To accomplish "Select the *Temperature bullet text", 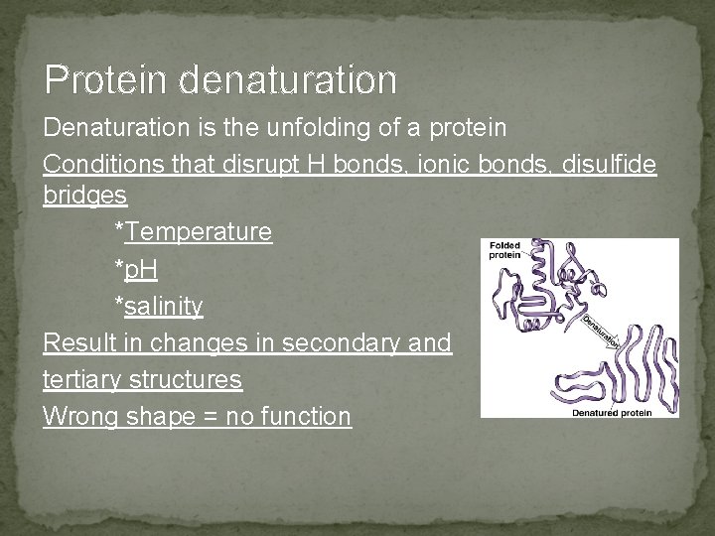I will (194, 232).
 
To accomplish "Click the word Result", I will (78, 343).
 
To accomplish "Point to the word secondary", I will (344, 343).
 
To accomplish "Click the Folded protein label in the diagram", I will (504, 249).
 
